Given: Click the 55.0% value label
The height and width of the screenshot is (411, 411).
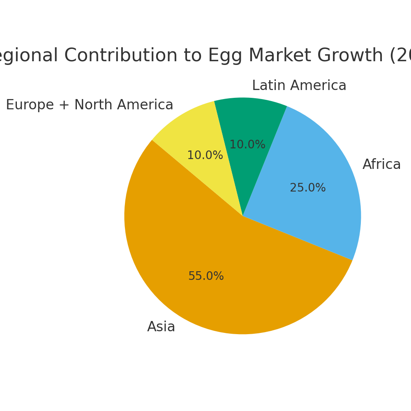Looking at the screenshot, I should click(206, 277).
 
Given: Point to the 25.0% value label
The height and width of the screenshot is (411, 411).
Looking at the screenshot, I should click(308, 188).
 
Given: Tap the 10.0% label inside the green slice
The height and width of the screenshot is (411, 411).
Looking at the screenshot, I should click(247, 145).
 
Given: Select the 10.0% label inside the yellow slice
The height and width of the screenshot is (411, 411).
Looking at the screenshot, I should click(205, 156).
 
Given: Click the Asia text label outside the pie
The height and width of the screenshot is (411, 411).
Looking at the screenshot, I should click(161, 327).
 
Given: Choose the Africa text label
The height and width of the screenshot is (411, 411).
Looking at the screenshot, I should click(381, 165).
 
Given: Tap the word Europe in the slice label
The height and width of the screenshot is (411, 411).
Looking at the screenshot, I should click(30, 105).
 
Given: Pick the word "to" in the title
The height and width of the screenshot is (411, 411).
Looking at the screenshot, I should click(193, 56).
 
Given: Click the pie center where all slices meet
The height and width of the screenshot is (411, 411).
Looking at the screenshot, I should click(243, 216).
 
